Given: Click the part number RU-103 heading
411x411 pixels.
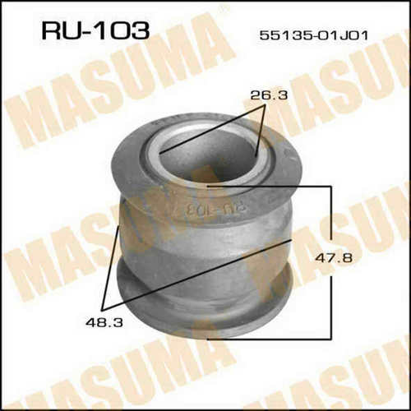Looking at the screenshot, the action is (95, 30).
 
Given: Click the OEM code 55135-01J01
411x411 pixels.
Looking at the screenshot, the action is (314, 35).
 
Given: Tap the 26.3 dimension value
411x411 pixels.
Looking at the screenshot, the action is (269, 95).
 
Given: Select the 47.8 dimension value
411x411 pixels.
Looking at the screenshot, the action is (333, 258).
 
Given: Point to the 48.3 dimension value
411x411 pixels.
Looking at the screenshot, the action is (104, 323).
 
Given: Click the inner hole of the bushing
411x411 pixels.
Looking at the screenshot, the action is (208, 158).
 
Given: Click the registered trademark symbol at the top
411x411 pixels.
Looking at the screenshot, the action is (226, 10).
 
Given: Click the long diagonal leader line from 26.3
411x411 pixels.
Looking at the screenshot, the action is (211, 130).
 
